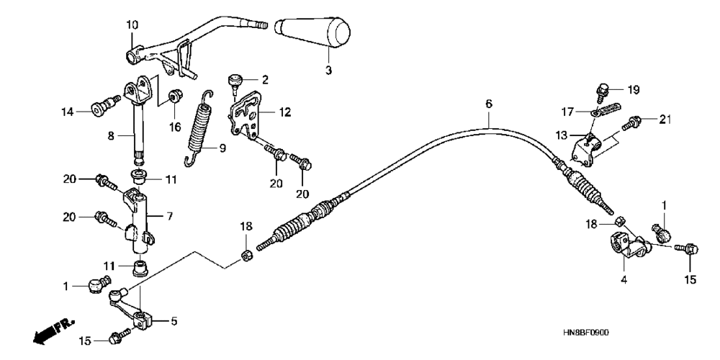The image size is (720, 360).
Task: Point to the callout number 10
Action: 131,25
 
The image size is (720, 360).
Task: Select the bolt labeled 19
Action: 603,91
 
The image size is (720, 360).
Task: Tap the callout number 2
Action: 265,79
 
